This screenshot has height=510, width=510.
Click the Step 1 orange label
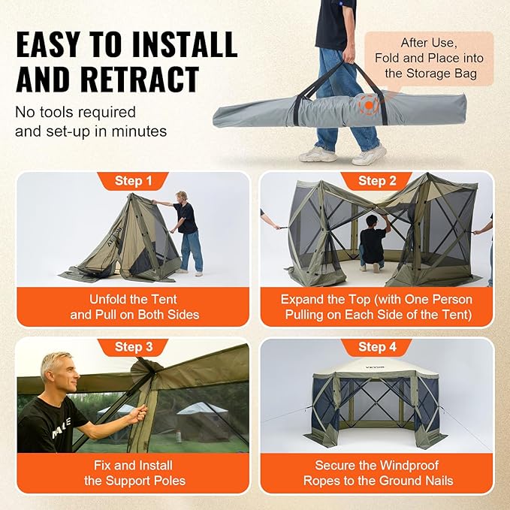click(x=133, y=181)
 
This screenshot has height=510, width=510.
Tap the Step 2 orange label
click(x=376, y=181)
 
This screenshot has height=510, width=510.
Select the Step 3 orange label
click(x=133, y=347)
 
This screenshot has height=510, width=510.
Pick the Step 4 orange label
click(x=376, y=347)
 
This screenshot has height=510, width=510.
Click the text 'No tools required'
click(x=75, y=113)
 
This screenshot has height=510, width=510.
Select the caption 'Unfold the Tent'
click(x=134, y=298)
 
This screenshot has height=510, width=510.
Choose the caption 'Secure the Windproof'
click(x=377, y=465)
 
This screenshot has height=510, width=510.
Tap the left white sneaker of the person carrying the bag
click(x=317, y=154)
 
